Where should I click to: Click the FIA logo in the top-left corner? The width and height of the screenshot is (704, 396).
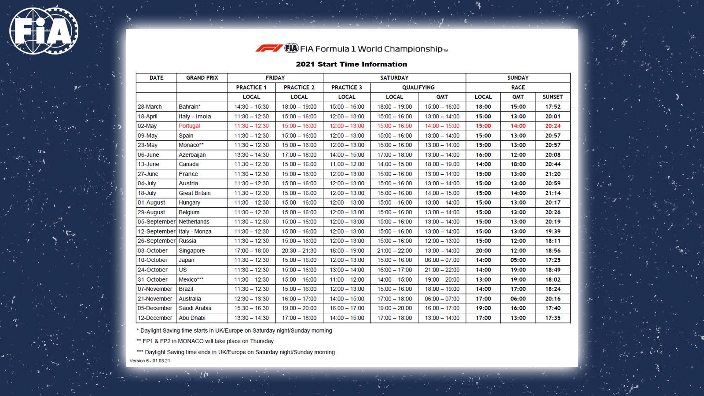tap(43, 31)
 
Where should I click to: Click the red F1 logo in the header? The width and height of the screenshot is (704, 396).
tap(269, 48)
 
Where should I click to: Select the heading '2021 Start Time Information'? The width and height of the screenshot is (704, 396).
tap(351, 64)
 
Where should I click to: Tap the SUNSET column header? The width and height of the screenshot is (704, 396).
tap(553, 97)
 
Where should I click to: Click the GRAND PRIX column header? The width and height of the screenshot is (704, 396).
tap(202, 78)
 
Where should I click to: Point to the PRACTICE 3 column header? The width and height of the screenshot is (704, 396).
tap(347, 88)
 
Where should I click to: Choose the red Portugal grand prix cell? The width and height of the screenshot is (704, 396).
tap(189, 126)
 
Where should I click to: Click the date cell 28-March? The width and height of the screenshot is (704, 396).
tap(150, 106)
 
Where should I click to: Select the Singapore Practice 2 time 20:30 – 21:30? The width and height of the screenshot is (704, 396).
tap(299, 250)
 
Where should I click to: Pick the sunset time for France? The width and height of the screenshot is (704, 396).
tap(553, 174)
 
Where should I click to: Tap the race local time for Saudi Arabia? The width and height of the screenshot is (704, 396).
tap(483, 308)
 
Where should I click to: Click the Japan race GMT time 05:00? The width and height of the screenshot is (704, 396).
tap(518, 260)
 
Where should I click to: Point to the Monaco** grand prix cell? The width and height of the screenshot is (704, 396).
tap(191, 145)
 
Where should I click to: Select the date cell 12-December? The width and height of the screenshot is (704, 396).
tap(155, 318)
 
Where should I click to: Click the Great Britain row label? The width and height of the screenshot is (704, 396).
tap(194, 193)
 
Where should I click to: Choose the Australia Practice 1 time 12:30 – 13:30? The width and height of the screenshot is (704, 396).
tap(251, 298)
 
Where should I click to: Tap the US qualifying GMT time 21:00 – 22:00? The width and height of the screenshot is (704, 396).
tap(442, 270)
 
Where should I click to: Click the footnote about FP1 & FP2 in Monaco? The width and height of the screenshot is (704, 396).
tap(205, 341)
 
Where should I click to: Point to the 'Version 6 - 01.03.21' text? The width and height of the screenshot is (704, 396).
tap(150, 361)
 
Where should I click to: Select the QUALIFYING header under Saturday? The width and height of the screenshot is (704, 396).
tap(418, 88)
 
